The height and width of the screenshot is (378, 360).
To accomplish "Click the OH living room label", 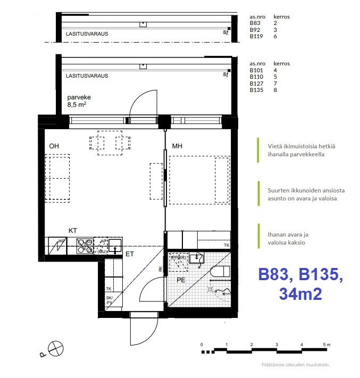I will point(54,146).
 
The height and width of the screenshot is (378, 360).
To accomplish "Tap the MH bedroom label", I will point(177,146).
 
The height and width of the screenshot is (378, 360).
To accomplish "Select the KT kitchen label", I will point(73,230).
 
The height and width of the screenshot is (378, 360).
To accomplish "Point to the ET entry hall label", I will point(129,254).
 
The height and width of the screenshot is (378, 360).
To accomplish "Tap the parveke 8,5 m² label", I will point(77,102).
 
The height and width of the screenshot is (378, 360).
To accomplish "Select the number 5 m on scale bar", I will point(326,345).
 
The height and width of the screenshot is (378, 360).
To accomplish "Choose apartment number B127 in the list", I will point(256,84).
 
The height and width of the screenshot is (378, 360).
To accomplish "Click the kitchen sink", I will point(115,245).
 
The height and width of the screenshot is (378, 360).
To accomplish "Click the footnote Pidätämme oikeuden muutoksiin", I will point(296,365).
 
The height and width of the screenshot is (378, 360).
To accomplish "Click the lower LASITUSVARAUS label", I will point(87,76).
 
